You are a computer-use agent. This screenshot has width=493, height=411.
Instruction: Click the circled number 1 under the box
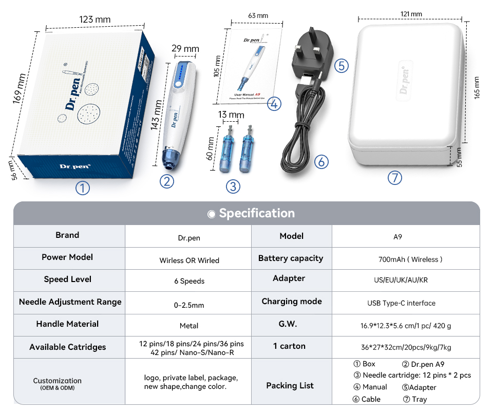click(x=83, y=189)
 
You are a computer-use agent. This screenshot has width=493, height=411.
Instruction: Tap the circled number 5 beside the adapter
click(x=342, y=66)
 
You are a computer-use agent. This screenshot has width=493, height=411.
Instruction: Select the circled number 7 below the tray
click(x=394, y=178)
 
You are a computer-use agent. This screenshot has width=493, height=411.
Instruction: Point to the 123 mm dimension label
click(x=94, y=20)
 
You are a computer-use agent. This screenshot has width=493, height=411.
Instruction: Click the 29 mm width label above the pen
click(x=185, y=49)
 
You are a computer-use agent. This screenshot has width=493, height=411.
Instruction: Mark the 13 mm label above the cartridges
click(x=231, y=114)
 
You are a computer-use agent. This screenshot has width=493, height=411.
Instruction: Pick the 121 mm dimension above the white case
click(x=411, y=14)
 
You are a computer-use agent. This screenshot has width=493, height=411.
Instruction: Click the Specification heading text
click(x=257, y=213)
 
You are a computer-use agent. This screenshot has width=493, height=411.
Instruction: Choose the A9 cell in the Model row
click(x=397, y=237)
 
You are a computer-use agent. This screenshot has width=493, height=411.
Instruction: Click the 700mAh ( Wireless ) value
click(x=410, y=259)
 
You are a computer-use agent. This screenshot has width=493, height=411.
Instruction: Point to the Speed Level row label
click(x=68, y=279)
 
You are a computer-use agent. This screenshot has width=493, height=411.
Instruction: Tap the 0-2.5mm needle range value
click(x=189, y=305)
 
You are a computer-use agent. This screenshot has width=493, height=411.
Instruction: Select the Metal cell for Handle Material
click(x=189, y=326)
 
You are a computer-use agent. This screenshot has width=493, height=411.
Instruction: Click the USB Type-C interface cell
click(x=401, y=303)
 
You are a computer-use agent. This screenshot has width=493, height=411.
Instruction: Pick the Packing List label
click(x=290, y=386)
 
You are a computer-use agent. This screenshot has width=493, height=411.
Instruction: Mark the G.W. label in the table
click(x=288, y=324)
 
